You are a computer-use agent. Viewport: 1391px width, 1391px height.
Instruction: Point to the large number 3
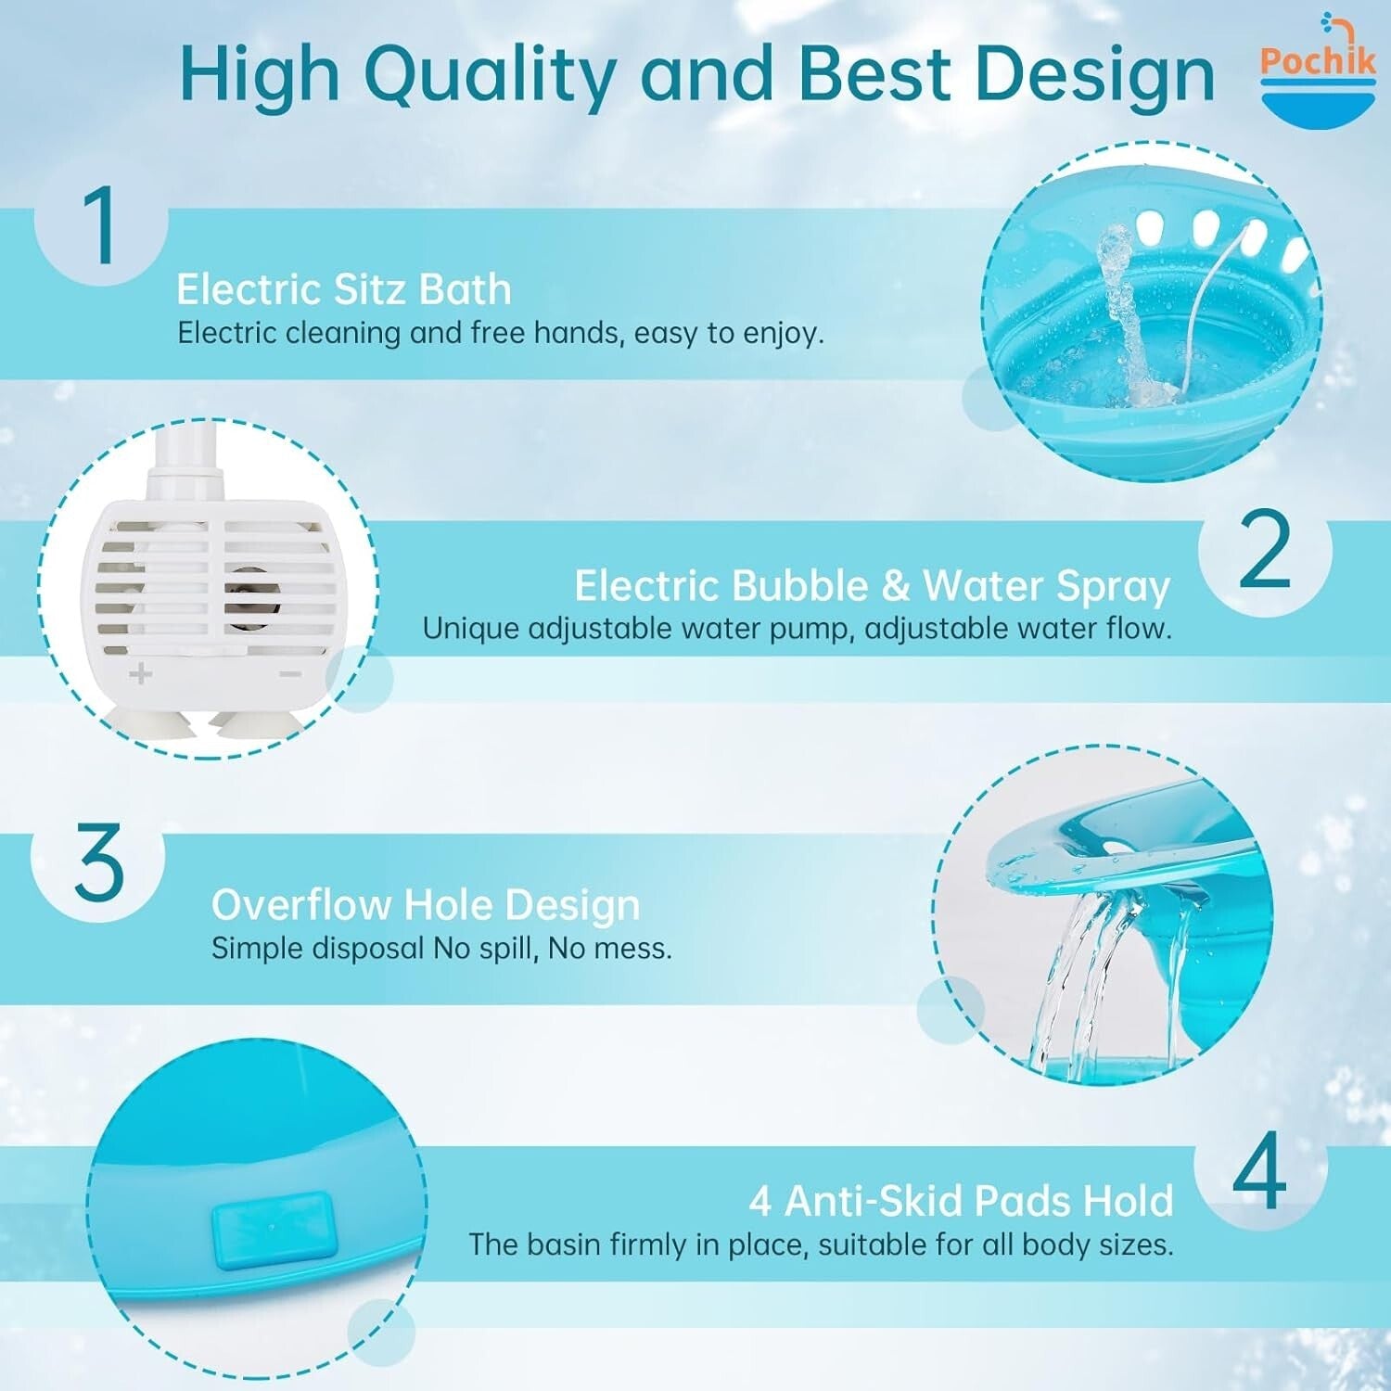[98, 862]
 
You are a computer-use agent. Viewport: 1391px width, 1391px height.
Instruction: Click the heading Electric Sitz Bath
[344, 289]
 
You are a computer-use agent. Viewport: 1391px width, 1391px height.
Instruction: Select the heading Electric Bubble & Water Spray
[872, 586]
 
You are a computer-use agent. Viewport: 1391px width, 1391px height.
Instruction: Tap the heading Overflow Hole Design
[426, 905]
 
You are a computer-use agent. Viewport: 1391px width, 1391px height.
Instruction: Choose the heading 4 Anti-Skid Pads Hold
[961, 1201]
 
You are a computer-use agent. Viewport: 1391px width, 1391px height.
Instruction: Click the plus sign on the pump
[140, 673]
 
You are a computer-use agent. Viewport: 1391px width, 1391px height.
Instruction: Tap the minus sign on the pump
[290, 673]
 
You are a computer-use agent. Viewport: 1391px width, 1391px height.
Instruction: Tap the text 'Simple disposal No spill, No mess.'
[441, 949]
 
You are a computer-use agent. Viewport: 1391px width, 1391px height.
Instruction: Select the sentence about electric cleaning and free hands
[501, 333]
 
